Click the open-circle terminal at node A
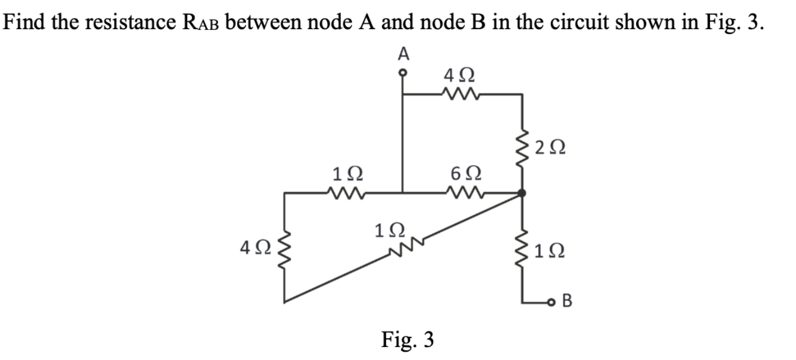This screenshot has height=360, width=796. (x=403, y=74)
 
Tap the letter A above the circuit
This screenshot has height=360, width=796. (x=403, y=54)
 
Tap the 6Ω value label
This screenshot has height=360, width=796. (x=463, y=175)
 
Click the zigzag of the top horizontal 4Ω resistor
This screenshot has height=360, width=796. (x=461, y=93)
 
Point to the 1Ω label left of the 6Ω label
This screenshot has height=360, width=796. (x=345, y=175)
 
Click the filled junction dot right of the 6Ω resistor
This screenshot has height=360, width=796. (x=522, y=193)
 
